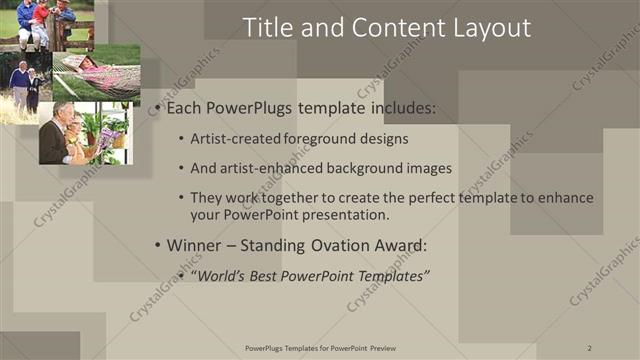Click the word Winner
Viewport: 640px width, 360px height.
[196, 245]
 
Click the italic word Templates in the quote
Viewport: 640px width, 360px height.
[393, 275]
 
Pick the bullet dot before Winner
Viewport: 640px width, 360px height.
[155, 245]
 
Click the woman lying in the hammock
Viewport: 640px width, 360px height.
[95, 68]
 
